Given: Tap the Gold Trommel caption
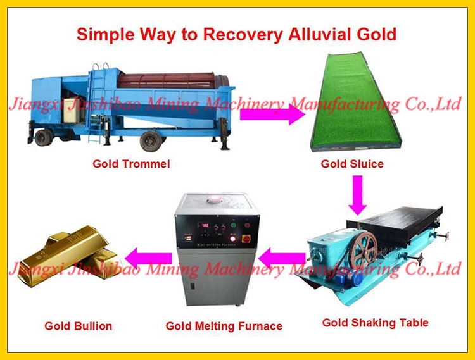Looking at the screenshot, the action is click(131, 164).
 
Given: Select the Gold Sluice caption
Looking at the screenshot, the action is click(352, 164).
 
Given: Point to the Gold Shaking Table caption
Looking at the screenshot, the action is click(376, 323).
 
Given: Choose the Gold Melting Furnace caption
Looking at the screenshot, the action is click(224, 326).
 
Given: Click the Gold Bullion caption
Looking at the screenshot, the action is click(79, 326).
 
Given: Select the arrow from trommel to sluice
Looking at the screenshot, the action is click(272, 115).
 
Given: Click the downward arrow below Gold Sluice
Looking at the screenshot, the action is click(357, 196).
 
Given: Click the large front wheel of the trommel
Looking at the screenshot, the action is click(151, 140).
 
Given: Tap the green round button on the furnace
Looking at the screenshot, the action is click(234, 225).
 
